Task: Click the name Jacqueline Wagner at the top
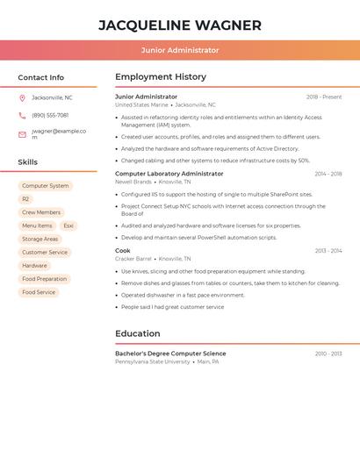point(180,25)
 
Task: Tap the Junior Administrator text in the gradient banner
point(180,50)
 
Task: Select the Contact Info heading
point(41,77)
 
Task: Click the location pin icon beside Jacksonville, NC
point(22,98)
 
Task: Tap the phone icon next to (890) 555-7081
point(22,116)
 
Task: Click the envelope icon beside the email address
point(22,134)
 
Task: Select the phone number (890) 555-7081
point(50,116)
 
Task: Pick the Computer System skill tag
point(46,186)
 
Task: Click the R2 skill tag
point(25,199)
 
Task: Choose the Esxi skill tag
point(68,225)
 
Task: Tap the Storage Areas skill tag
point(40,239)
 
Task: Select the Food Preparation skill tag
point(45,279)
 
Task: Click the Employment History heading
point(161,77)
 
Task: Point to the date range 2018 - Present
point(324,97)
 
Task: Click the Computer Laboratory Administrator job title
point(169,174)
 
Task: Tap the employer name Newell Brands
point(133,182)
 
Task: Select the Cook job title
point(123,251)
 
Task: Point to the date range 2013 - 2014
point(328,251)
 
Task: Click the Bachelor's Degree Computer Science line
point(170,354)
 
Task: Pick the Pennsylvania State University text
point(152,361)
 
